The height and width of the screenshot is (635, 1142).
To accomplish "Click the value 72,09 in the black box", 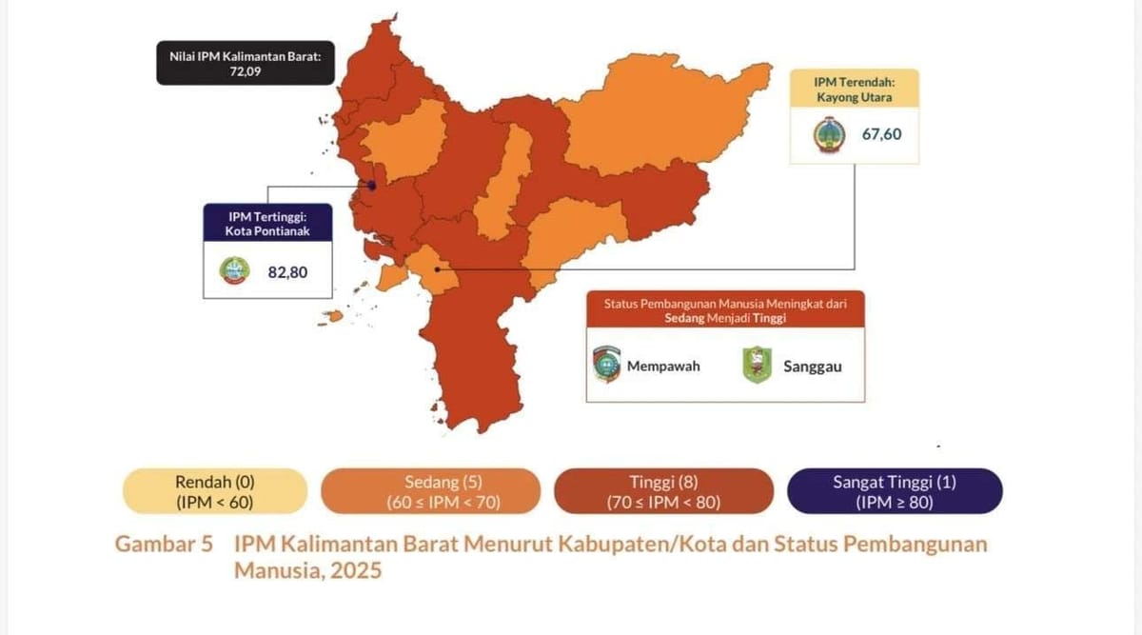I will (x=245, y=71).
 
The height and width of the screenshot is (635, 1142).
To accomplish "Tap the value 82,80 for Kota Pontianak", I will (x=287, y=272).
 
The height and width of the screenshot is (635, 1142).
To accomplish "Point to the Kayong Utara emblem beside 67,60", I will (x=829, y=134).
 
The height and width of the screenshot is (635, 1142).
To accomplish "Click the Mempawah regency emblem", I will (x=605, y=365).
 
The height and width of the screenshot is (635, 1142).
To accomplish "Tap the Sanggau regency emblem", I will (x=757, y=366).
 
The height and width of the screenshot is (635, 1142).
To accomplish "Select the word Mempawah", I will (x=663, y=366).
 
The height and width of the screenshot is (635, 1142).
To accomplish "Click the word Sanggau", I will (x=812, y=366).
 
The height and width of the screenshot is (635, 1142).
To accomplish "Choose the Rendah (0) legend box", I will (x=215, y=491).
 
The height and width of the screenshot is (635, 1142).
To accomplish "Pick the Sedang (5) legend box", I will (x=430, y=491).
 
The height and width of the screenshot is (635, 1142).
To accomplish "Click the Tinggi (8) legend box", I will (x=663, y=491).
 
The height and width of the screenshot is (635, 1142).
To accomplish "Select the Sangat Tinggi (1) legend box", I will (x=895, y=491).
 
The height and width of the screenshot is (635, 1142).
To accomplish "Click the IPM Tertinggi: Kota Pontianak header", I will (x=267, y=223).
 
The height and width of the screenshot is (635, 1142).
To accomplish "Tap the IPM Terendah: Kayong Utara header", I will (x=853, y=89).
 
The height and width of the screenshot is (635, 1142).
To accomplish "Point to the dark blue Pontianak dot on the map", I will (x=372, y=186).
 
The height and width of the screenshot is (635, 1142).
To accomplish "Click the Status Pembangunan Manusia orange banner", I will (x=725, y=310).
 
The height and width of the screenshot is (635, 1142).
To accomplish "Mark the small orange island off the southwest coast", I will (x=334, y=316).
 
